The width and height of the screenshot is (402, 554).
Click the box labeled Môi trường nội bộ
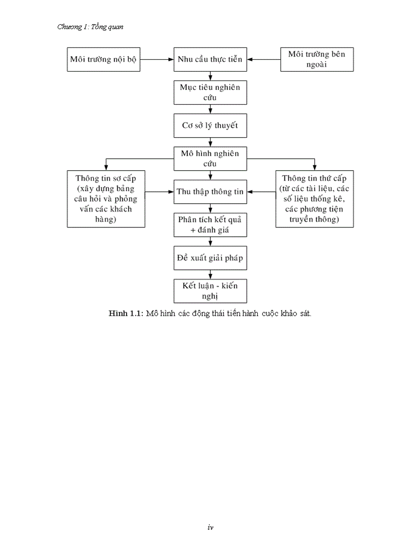coord(103,59)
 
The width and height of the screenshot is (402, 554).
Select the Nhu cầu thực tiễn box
coord(210,59)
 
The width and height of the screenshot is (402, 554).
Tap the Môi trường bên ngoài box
coord(317,59)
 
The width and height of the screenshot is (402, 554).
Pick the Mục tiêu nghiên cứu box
coord(210,92)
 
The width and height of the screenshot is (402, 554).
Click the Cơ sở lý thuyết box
coord(210,125)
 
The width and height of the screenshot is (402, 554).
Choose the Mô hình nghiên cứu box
coord(210,158)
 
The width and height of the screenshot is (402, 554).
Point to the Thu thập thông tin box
coord(210,192)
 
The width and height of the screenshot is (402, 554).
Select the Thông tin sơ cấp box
coord(106,199)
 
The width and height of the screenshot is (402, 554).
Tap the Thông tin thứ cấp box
coord(315,199)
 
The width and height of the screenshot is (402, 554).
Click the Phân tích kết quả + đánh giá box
coord(210,224)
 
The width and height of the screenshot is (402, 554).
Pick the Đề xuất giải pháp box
coord(210,258)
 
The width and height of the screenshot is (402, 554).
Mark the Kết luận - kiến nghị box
coord(210,291)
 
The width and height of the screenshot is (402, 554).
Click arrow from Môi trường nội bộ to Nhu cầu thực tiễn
coord(157,59)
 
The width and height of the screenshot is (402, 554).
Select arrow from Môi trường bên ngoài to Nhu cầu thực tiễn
coord(264,59)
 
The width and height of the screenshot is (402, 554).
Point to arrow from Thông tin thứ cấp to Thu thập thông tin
coord(262,192)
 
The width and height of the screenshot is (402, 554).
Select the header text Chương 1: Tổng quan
coord(90,27)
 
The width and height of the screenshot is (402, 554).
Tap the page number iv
coord(210,527)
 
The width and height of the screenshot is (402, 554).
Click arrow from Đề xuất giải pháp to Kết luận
coord(210,274)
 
